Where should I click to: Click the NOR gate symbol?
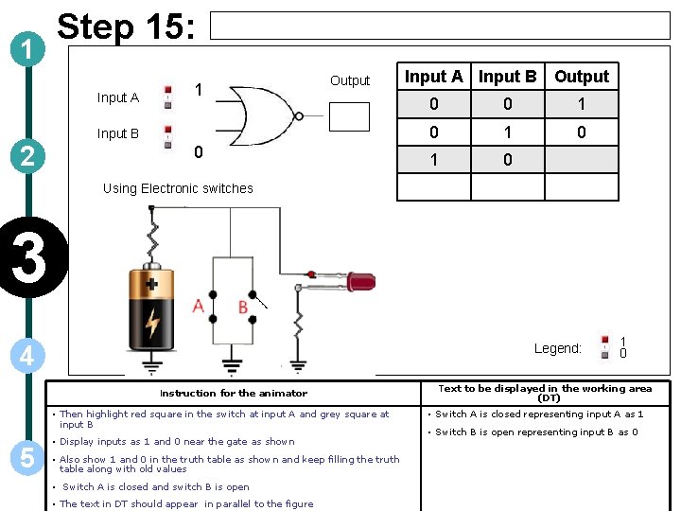(x=267, y=115)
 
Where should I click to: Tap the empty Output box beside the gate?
(x=349, y=115)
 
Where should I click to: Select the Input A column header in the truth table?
(x=433, y=77)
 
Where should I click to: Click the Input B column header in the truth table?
(x=507, y=77)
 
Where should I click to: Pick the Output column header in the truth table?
(x=582, y=77)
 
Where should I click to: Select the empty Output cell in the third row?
(x=582, y=160)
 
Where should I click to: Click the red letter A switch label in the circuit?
(x=198, y=306)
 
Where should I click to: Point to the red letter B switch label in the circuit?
(x=243, y=307)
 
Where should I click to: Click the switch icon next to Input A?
(x=168, y=96)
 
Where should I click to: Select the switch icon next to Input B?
(x=168, y=134)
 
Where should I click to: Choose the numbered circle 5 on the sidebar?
(x=27, y=458)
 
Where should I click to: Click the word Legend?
(x=557, y=348)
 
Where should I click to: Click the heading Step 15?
(x=127, y=27)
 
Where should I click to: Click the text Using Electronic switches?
(x=178, y=188)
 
